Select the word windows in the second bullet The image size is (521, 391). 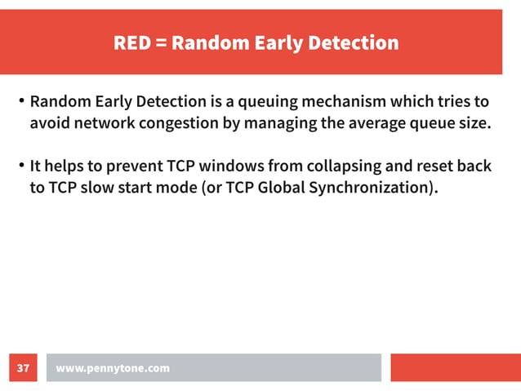pos(223,167)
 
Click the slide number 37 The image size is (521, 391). pos(23,368)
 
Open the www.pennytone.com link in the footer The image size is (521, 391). pos(113,368)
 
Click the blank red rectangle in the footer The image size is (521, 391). pos(455,367)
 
